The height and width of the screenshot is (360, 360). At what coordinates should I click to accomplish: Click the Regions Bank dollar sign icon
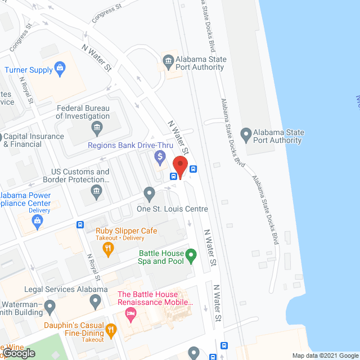tap(160, 156)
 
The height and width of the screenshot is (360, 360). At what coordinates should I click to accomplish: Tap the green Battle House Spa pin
tap(191, 256)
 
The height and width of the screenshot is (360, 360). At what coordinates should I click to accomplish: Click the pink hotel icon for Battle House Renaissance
tap(131, 313)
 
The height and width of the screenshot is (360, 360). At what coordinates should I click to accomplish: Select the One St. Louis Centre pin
tap(149, 193)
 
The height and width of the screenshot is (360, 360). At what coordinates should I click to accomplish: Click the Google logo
tap(18, 353)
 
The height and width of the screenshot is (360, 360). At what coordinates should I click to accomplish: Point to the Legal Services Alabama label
tap(66, 289)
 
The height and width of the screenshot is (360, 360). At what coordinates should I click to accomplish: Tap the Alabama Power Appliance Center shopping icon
tap(38, 221)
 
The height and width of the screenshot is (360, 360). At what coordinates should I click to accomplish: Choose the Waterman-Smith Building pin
tap(49, 307)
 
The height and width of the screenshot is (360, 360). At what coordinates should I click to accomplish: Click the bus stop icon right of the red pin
tap(193, 168)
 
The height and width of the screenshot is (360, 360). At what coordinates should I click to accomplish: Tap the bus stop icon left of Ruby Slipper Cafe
tap(80, 225)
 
